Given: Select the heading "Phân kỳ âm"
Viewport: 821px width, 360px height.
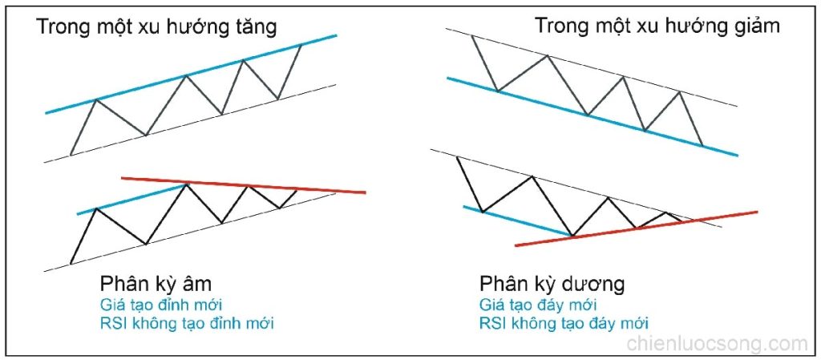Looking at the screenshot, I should pyautogui.click(x=156, y=285).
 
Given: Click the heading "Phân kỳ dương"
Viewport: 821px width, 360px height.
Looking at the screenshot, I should pyautogui.click(x=552, y=285).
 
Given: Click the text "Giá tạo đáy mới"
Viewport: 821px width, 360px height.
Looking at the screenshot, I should pyautogui.click(x=538, y=305).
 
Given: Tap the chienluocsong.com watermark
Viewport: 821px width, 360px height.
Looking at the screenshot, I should pyautogui.click(x=717, y=345).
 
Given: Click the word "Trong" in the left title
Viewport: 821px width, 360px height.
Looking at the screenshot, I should pyautogui.click(x=62, y=27).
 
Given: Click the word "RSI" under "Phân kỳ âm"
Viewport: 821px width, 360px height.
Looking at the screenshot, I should pyautogui.click(x=113, y=324).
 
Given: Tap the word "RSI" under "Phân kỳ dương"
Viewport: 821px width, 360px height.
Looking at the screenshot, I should pyautogui.click(x=492, y=324).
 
